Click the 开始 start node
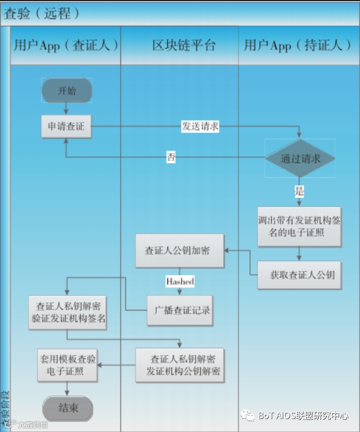pyautogui.click(x=67, y=91)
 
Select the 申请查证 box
pyautogui.click(x=67, y=126)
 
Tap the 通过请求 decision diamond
pyautogui.click(x=300, y=158)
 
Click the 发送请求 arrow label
pyautogui.click(x=200, y=126)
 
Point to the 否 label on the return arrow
pyautogui.click(x=171, y=157)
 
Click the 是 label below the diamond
pyautogui.click(x=300, y=191)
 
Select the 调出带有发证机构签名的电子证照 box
pyautogui.click(x=300, y=226)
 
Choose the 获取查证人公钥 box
pyautogui.click(x=300, y=274)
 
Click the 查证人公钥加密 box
pyautogui.click(x=180, y=251)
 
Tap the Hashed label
pyautogui.click(x=180, y=282)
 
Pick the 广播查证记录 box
pyautogui.click(x=180, y=310)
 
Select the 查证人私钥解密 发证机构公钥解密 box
pyautogui.click(x=180, y=365)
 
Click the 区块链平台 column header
pyautogui.click(x=180, y=45)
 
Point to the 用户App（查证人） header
pyautogui.click(x=66, y=45)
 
